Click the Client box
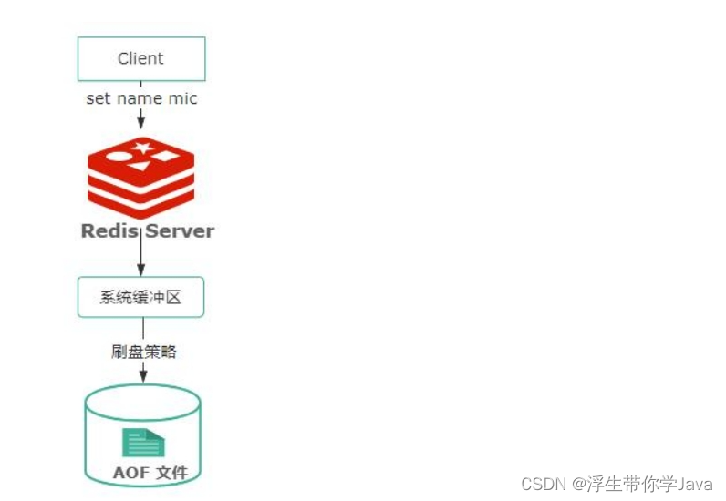[x=140, y=59]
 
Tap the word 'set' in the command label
[x=98, y=98]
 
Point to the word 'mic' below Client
[x=182, y=98]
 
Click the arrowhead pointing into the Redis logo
[x=141, y=122]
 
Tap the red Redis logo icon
[x=141, y=178]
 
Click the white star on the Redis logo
[x=141, y=147]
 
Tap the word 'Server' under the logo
[x=181, y=230]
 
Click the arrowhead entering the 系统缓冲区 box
[x=141, y=270]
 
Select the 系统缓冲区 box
[x=140, y=297]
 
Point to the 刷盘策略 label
[x=143, y=352]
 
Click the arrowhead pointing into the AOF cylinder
[x=142, y=376]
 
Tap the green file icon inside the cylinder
[x=142, y=442]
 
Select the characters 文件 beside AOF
[x=171, y=473]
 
